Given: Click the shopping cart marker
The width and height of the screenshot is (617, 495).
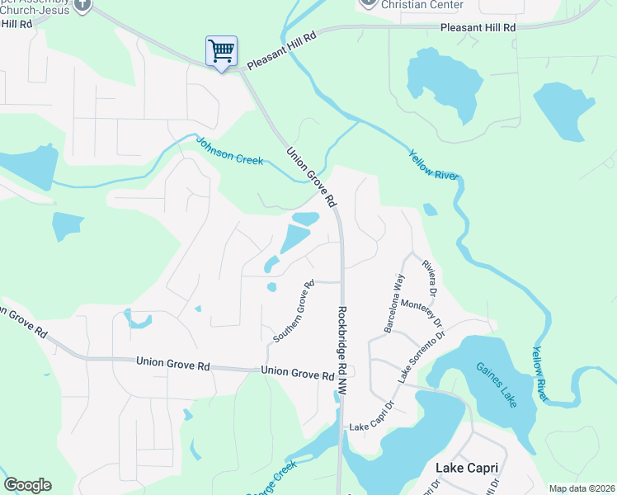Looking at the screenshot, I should pyautogui.click(x=221, y=52).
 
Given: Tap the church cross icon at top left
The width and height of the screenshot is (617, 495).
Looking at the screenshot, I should pyautogui.click(x=82, y=5).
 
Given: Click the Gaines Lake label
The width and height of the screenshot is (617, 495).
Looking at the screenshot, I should pyautogui.click(x=495, y=384).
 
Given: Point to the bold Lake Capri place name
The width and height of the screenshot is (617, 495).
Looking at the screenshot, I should pyautogui.click(x=466, y=468).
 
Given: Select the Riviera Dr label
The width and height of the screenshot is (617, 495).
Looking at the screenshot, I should pyautogui.click(x=428, y=278).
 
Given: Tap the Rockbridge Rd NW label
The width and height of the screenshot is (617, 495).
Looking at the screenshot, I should pyautogui.click(x=342, y=354).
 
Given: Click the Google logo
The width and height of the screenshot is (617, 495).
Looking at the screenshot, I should pyautogui.click(x=27, y=485).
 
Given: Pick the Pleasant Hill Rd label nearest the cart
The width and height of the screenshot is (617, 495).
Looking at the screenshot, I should pyautogui.click(x=281, y=50).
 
